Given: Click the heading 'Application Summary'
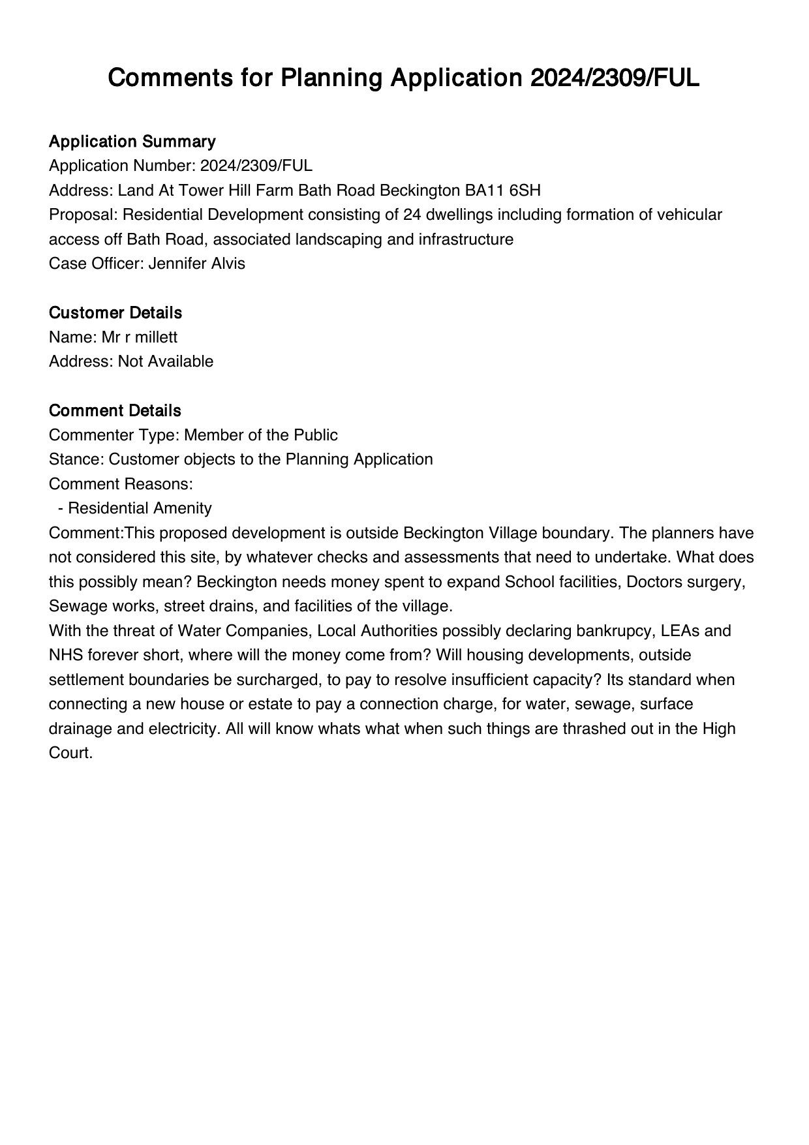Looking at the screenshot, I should coord(132,142).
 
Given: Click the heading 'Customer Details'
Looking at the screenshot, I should coord(115,313).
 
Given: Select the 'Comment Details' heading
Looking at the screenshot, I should coord(115,411).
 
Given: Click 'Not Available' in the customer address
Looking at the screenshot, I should coord(166,361).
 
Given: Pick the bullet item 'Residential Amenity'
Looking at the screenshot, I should coord(140,508).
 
